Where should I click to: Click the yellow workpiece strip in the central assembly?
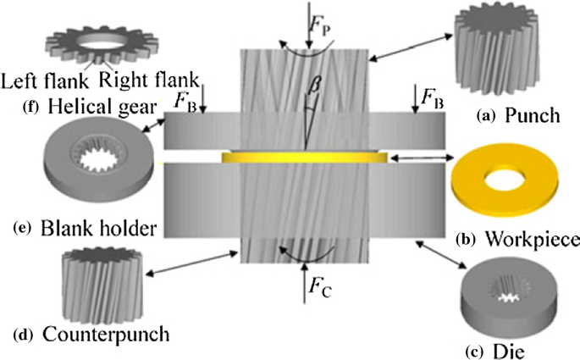point(305,157)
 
